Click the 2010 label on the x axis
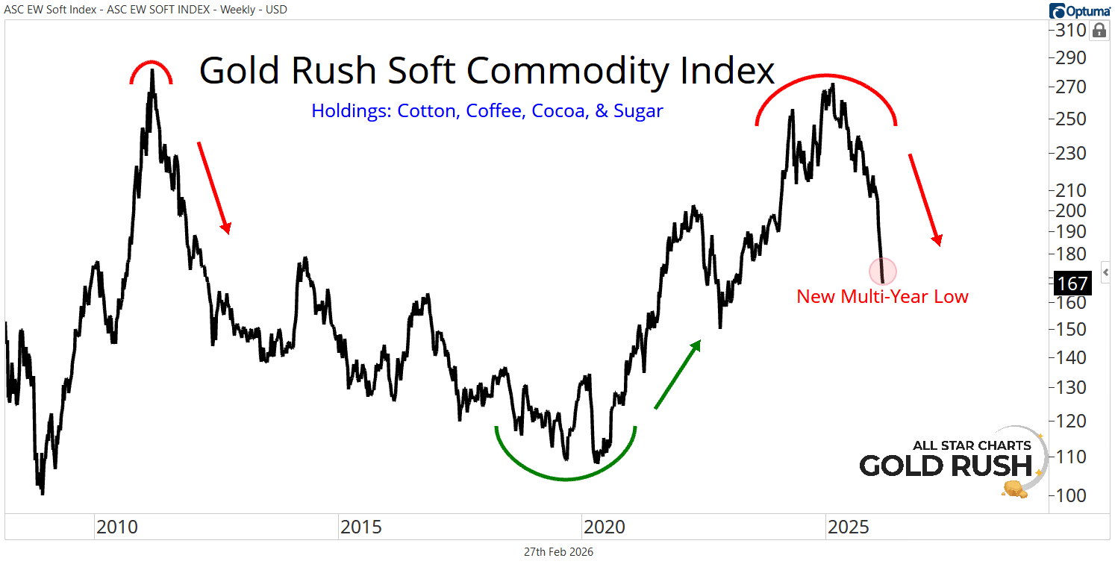116,527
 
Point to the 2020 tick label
604,527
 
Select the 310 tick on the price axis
1071,31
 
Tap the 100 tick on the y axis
1071,495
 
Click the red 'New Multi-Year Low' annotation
882,296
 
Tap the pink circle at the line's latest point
883,271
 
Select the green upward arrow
678,375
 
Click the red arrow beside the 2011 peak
213,187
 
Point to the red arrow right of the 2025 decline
925,199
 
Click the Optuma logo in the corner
1079,10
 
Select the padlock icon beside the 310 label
1099,31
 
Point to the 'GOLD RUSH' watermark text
946,466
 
